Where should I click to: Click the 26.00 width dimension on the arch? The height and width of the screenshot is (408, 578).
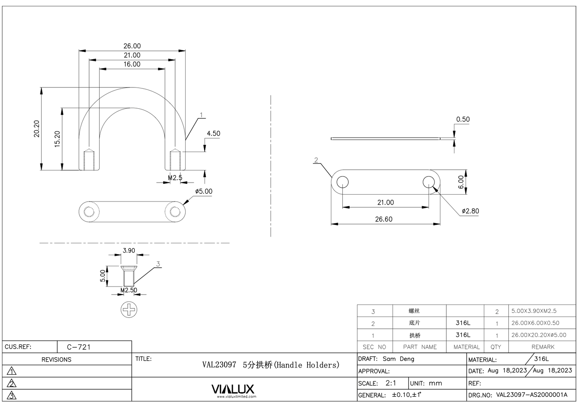[132, 46]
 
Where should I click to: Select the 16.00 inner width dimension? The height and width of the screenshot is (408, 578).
[132, 64]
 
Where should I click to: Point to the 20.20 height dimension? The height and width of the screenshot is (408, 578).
[37, 129]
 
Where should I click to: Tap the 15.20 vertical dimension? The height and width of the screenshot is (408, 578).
[57, 139]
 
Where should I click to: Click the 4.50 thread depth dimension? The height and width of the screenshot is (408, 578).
[213, 133]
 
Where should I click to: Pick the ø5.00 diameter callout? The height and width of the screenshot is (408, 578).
[204, 191]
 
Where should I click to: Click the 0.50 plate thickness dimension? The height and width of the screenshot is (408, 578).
[463, 119]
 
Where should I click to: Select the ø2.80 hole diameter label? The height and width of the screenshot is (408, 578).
[470, 211]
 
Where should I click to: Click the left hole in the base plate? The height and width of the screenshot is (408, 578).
[342, 182]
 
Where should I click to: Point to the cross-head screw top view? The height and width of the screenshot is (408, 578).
[129, 309]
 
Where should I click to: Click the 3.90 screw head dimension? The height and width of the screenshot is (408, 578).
[129, 251]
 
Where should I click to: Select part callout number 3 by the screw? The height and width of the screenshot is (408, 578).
[158, 264]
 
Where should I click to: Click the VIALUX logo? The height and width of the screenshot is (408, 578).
[232, 389]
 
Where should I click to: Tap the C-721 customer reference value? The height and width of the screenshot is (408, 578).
[79, 347]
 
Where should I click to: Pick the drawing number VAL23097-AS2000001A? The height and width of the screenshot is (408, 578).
[532, 395]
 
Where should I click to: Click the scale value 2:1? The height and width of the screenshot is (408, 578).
[390, 383]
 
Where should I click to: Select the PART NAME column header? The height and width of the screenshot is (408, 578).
[420, 347]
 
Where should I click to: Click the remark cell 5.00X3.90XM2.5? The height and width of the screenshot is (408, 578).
[534, 311]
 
